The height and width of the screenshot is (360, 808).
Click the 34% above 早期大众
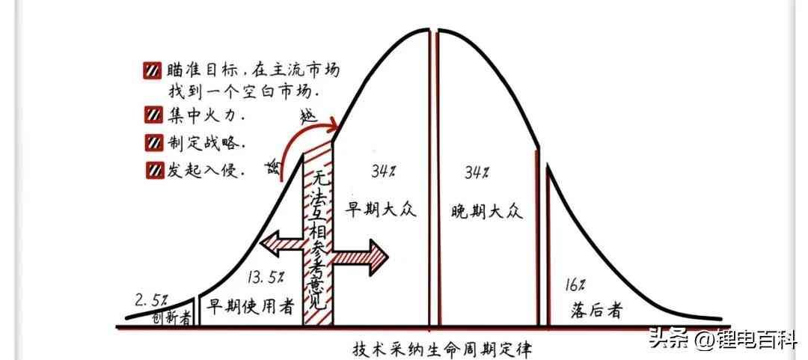click(382, 172)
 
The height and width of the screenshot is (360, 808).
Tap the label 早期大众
click(382, 209)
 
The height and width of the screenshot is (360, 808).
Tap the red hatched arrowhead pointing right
click(374, 257)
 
